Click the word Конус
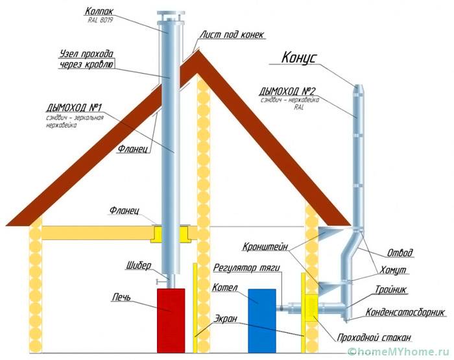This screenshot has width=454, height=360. pyautogui.click(x=298, y=57)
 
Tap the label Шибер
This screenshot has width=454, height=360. pyautogui.click(x=139, y=267)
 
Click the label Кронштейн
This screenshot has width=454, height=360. pyautogui.click(x=267, y=247)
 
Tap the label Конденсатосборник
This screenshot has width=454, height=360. pyautogui.click(x=405, y=312)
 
